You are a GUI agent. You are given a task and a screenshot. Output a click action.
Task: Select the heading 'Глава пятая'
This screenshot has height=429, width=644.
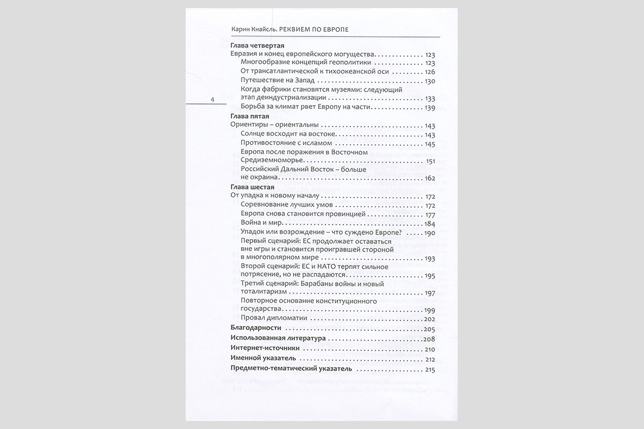click(249, 116)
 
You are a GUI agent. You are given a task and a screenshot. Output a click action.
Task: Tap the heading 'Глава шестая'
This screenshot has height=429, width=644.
click(252, 187)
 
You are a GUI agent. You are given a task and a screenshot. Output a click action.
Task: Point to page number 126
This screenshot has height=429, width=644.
click(429, 72)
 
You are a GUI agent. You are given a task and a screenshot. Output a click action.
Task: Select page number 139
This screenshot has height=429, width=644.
click(429, 108)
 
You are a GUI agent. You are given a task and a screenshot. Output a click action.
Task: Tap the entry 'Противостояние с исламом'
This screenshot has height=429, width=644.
click(287, 143)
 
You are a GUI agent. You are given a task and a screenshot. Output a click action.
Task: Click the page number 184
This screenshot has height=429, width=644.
click(429, 223)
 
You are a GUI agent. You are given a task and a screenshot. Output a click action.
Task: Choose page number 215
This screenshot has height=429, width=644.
click(429, 369)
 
